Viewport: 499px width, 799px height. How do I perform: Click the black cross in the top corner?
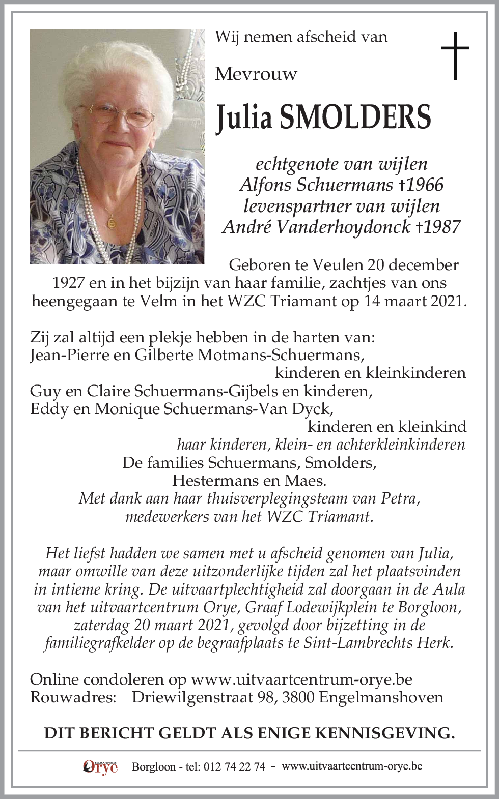click(454, 55)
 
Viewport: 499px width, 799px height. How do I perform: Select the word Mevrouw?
click(256, 74)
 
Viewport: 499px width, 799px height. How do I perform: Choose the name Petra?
click(399, 498)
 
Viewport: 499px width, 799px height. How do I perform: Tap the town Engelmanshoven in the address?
click(381, 697)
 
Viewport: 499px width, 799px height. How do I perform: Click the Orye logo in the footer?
click(100, 767)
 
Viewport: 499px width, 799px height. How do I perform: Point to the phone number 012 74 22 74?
click(234, 767)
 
